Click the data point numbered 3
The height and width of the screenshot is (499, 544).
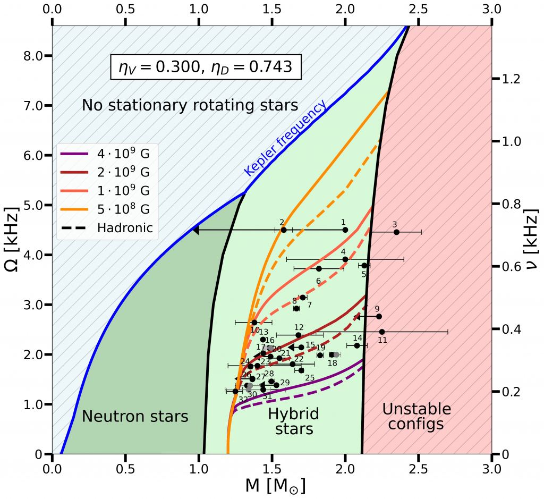pyautogui.click(x=396, y=232)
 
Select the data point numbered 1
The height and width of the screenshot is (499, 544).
pyautogui.click(x=345, y=230)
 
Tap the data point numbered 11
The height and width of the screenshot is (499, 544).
pyautogui.click(x=381, y=332)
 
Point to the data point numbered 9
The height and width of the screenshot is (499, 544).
pyautogui.click(x=379, y=316)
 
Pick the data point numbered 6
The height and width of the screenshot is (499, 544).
pyautogui.click(x=319, y=268)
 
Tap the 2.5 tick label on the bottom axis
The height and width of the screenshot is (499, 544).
pyautogui.click(x=418, y=470)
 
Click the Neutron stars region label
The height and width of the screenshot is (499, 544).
pyautogui.click(x=135, y=417)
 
